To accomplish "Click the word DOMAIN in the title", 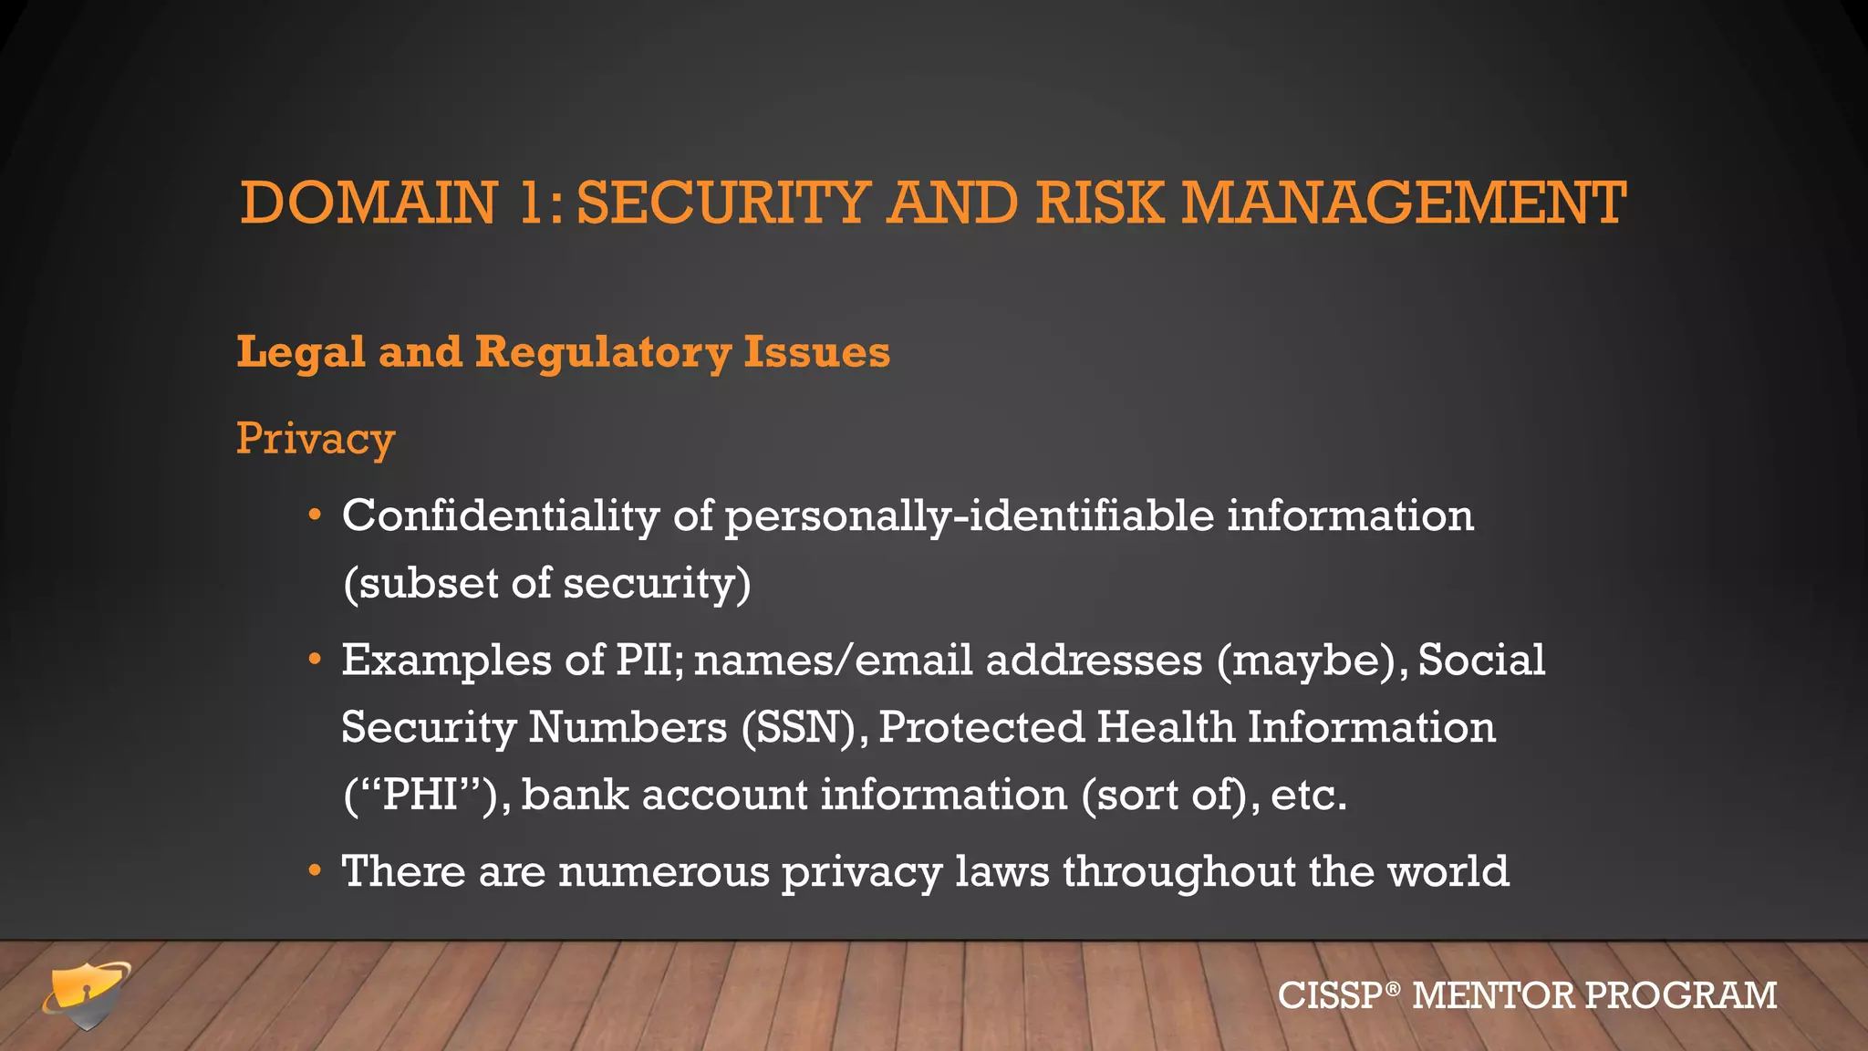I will point(368,203).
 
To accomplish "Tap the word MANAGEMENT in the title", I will point(1404,203).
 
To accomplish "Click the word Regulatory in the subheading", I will point(603,353).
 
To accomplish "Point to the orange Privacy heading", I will point(315,439).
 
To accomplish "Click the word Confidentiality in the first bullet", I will point(501,515).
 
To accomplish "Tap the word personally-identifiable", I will point(970,517).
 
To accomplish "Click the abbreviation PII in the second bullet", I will point(649,660).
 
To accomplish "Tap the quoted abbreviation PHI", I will point(420,795).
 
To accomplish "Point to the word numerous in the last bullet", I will point(664,871).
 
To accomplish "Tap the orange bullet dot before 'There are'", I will point(315,871).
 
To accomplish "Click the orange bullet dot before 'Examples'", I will point(315,659).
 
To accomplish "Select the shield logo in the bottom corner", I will point(87,994).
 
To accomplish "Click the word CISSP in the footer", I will point(1330,995).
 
